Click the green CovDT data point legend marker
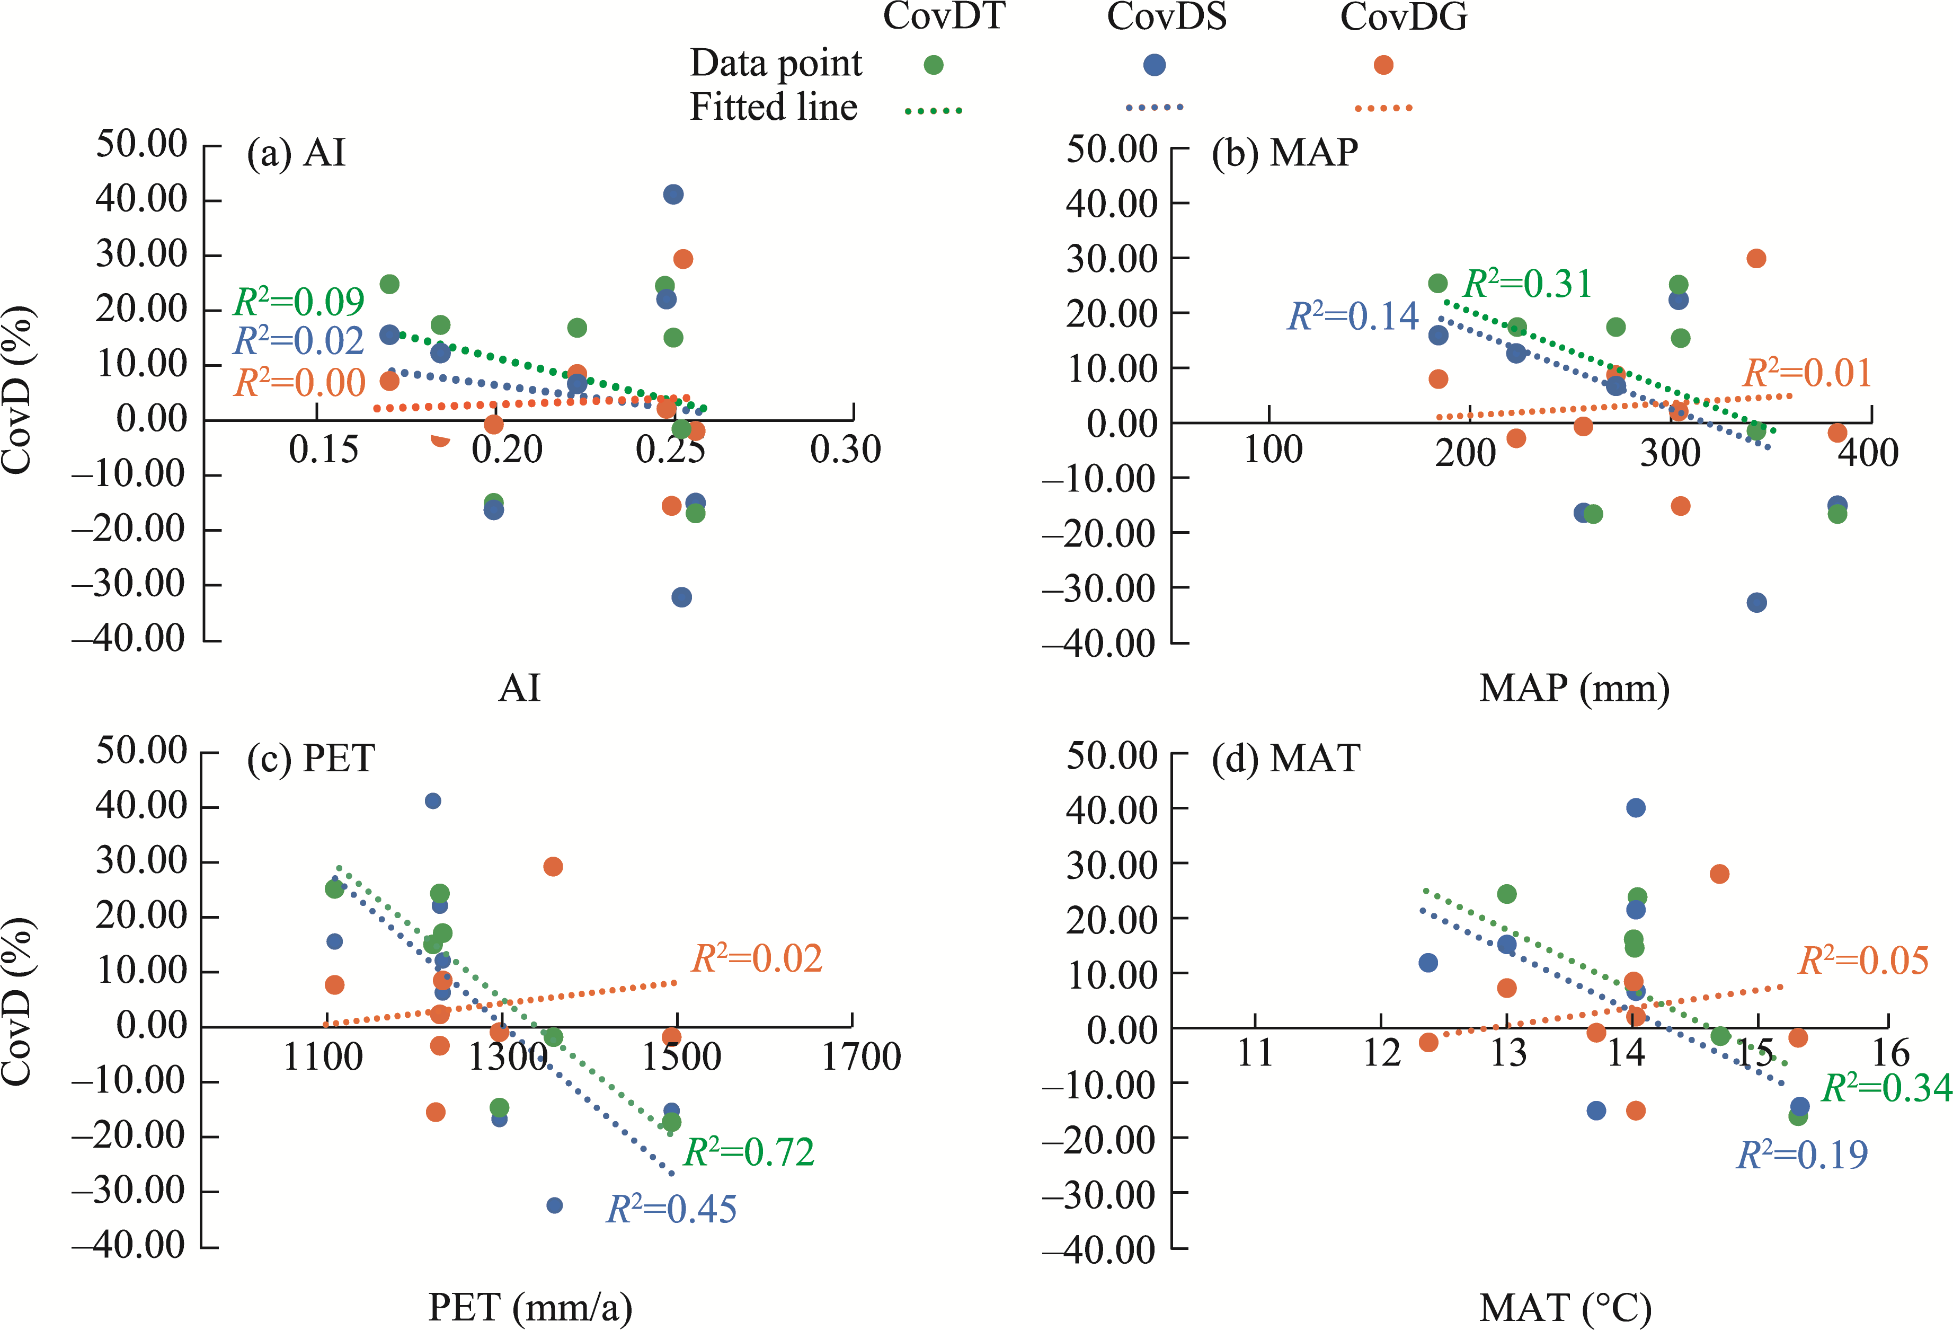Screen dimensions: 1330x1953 (x=933, y=65)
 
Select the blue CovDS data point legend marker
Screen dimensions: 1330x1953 (x=1155, y=65)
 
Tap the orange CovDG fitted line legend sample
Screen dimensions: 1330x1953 (x=1383, y=108)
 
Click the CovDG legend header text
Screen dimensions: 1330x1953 (x=1404, y=17)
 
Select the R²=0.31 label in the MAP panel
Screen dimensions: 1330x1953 (x=1527, y=284)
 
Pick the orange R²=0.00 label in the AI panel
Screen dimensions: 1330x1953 (x=299, y=383)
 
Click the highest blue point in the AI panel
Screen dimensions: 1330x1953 (x=673, y=194)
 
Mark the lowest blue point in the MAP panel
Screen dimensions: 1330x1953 (x=1756, y=603)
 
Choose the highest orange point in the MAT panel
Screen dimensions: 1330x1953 (x=1719, y=874)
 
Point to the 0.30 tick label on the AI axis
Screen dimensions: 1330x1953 (x=846, y=450)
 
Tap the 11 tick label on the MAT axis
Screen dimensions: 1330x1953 (x=1256, y=1053)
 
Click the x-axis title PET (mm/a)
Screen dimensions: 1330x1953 (x=530, y=1307)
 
